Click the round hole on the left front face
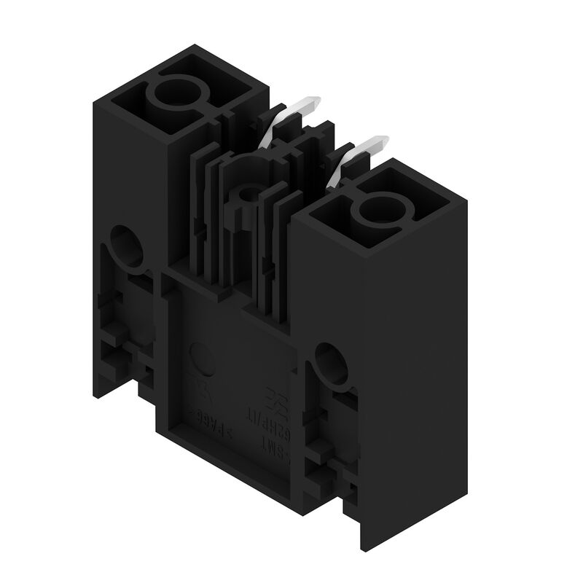coord(128,246)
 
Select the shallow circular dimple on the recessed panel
coord(202,359)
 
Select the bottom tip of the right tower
coord(362,543)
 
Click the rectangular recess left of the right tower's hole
coord(333,212)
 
